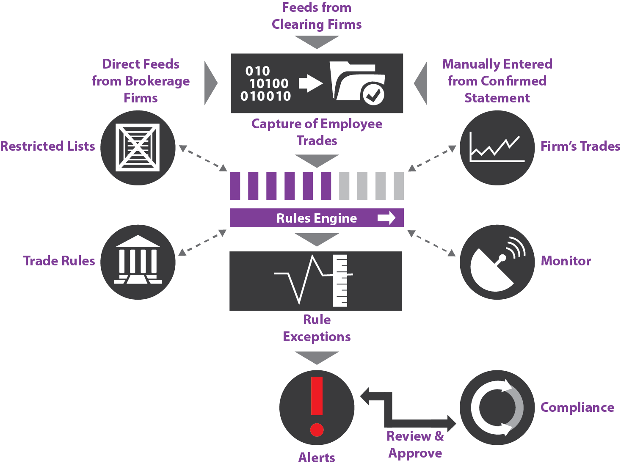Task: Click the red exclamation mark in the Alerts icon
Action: [317, 405]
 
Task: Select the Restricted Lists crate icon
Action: [138, 147]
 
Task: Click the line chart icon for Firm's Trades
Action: [497, 148]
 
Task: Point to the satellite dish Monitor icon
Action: [496, 262]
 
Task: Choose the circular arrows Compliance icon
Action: [497, 408]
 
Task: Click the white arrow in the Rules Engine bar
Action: [386, 218]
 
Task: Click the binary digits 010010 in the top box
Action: [265, 96]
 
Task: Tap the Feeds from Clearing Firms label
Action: [317, 16]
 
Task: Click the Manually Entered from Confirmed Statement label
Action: [497, 81]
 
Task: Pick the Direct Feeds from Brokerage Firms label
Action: [141, 81]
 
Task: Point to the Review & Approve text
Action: [415, 444]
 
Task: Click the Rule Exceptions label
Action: [317, 328]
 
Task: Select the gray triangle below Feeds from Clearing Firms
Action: [317, 41]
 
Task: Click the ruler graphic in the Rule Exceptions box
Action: [340, 281]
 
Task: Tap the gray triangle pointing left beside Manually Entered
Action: [422, 83]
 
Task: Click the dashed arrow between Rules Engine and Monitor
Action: [431, 243]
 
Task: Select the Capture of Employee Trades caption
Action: [317, 132]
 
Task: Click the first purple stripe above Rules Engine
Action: [235, 186]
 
